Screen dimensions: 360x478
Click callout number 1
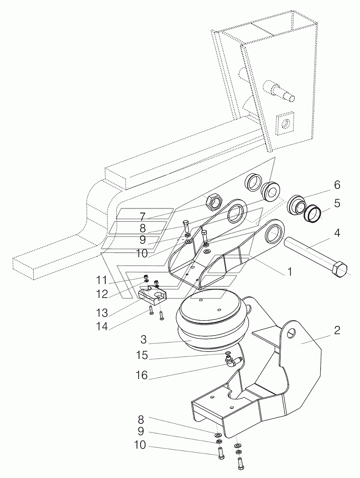point(290,272)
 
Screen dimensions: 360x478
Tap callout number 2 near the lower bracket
point(337,331)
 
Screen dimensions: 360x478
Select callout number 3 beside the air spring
point(144,339)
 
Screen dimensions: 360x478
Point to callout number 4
point(337,233)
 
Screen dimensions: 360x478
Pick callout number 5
point(337,203)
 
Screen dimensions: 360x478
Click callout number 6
point(337,185)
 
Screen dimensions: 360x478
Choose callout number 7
point(143,217)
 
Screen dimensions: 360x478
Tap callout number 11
point(102,280)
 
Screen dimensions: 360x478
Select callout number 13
point(102,313)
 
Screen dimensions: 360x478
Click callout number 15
point(142,355)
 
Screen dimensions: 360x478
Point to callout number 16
point(142,375)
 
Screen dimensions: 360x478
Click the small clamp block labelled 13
point(153,297)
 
